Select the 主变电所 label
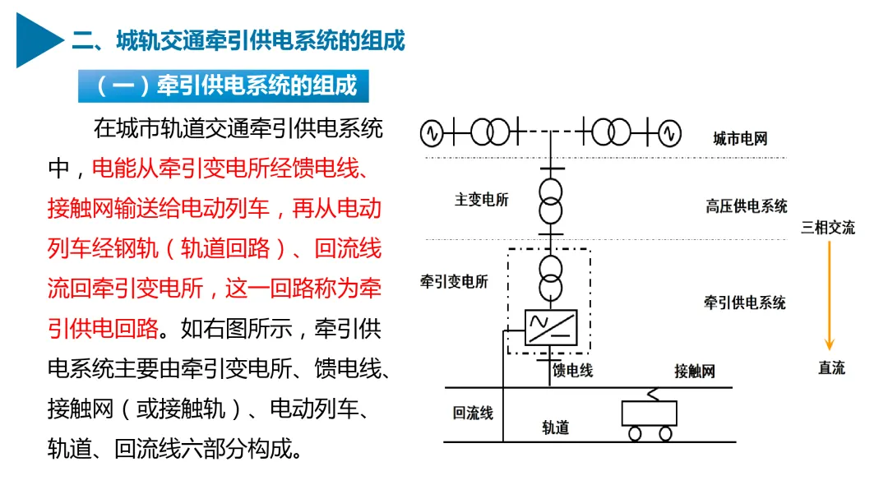(482, 200)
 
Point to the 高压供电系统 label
(746, 206)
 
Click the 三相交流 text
(828, 228)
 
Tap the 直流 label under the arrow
(831, 367)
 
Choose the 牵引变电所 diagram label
(454, 282)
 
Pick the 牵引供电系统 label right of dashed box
(744, 303)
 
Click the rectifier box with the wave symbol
(550, 327)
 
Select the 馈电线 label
(573, 371)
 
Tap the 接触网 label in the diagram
(695, 371)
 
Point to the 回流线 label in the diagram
(473, 413)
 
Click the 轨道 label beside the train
(556, 427)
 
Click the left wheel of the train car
(633, 433)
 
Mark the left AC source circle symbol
(432, 132)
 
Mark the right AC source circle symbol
(669, 132)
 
